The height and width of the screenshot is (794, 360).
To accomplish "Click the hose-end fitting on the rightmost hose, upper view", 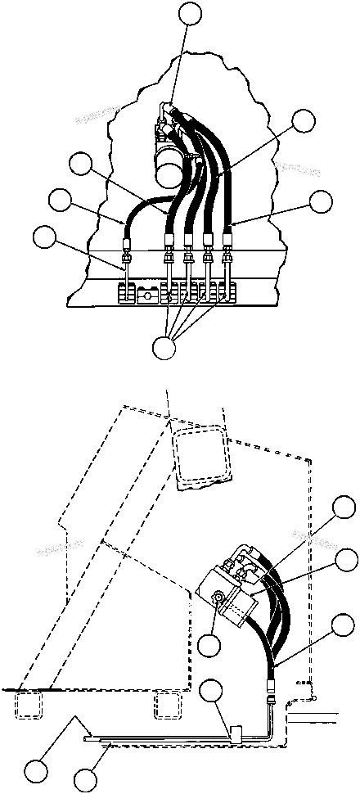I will pyautogui.click(x=227, y=242).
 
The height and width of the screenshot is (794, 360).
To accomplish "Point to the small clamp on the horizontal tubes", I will pyautogui.click(x=234, y=734).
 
